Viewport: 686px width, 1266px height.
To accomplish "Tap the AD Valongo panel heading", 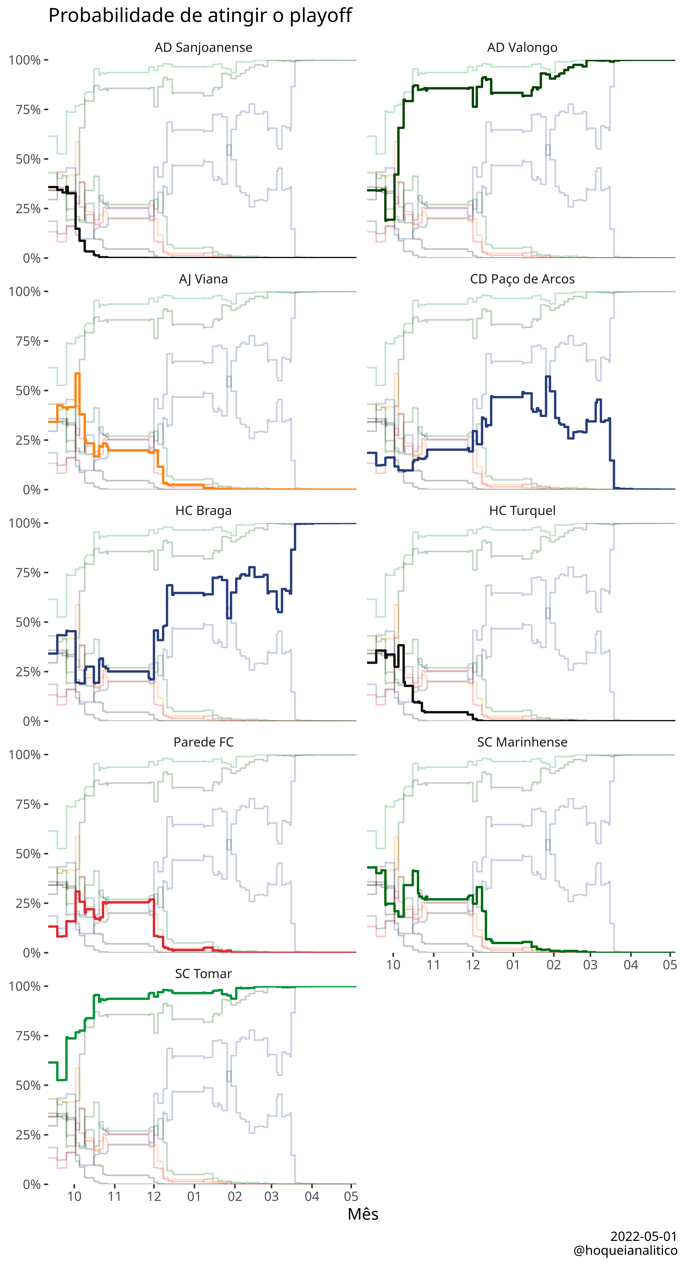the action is (x=522, y=48).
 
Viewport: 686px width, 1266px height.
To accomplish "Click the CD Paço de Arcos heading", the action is (x=522, y=279).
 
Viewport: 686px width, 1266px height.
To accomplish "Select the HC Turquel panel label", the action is (x=522, y=511).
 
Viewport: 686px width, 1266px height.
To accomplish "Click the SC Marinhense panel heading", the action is (x=522, y=742).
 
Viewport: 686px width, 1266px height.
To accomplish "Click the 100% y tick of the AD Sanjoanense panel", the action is (x=25, y=60).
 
